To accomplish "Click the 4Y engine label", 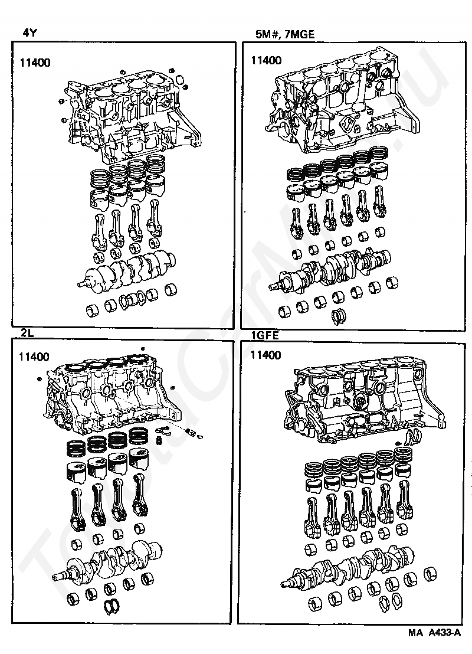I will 30,33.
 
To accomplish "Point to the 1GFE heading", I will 264,336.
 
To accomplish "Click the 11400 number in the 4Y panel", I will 34,61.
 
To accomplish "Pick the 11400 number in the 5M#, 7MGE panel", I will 266,60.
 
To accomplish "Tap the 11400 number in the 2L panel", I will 34,357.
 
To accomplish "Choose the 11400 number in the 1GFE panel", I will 266,355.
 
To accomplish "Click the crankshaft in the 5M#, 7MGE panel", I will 333,269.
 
